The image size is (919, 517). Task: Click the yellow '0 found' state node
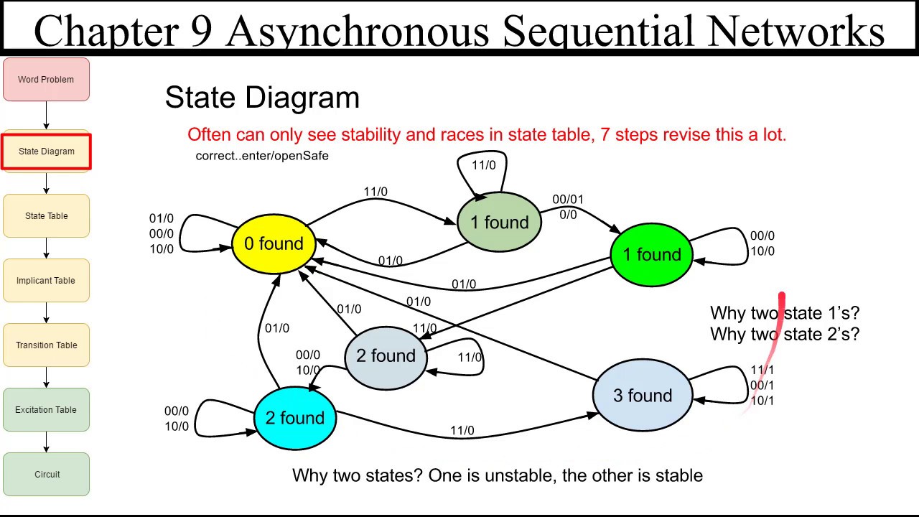click(274, 244)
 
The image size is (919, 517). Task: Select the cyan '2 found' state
click(295, 418)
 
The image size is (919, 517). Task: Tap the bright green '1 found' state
click(652, 255)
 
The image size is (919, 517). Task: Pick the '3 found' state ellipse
click(643, 396)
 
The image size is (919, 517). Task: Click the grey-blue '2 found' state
click(386, 356)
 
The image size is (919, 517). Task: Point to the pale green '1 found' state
click(499, 223)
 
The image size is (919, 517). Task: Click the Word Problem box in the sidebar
click(46, 80)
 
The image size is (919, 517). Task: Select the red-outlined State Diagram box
click(46, 152)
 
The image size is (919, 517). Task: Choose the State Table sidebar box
click(46, 216)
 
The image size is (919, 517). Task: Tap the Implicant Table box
click(46, 281)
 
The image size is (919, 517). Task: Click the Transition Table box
click(46, 345)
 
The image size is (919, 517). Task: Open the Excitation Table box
click(46, 410)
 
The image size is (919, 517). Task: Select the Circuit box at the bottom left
click(46, 475)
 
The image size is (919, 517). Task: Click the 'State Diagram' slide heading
click(262, 98)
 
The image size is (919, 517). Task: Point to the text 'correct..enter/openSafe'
click(262, 156)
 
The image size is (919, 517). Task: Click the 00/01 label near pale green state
click(568, 200)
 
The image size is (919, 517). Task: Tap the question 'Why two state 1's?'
click(784, 313)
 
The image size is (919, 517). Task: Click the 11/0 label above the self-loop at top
click(483, 165)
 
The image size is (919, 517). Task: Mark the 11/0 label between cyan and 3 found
click(462, 431)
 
